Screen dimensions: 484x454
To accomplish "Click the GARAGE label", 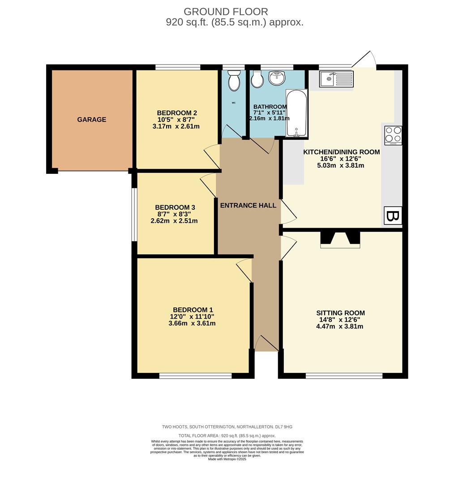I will pos(92,120).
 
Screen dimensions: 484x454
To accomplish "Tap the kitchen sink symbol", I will pos(336,79).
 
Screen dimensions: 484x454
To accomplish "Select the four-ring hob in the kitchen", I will pos(393,135).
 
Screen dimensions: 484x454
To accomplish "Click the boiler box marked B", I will pos(393,216).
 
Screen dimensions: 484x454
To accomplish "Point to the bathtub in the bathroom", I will pos(297,113).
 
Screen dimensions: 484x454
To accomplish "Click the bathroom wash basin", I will pos(278,78).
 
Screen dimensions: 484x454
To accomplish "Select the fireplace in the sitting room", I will pos(340,239).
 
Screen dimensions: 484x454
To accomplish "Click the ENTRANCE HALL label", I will pos(248,206).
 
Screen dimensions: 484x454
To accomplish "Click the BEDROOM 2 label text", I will pos(177,113).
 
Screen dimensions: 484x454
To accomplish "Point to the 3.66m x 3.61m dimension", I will pos(192,323).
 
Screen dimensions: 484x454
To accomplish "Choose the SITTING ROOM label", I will pos(340,313).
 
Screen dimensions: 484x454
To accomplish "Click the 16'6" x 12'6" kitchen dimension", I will pos(341,159).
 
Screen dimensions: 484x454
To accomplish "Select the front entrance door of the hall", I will pos(266,344).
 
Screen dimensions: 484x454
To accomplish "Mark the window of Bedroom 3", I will pos(133,214).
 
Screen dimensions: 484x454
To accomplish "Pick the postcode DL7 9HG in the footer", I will pos(283,427).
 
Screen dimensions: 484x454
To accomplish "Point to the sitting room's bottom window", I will pos(344,376).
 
